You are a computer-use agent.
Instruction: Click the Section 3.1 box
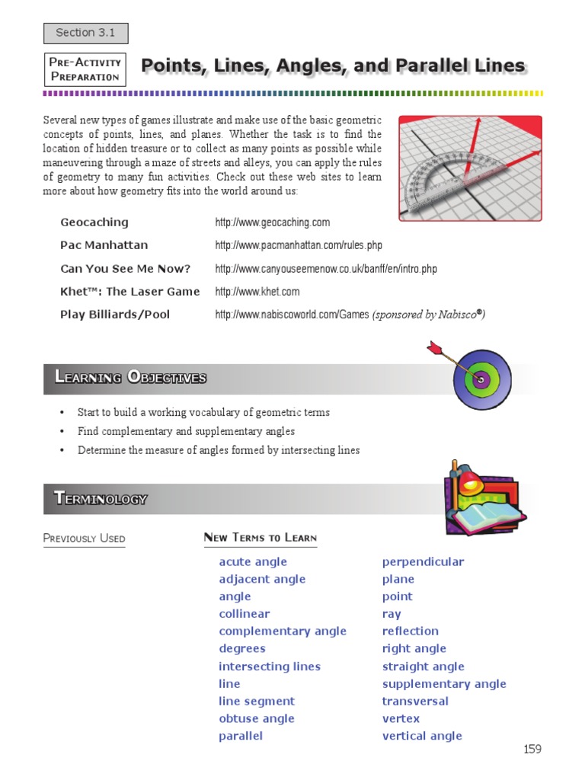point(85,33)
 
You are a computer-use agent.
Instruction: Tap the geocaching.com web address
point(272,222)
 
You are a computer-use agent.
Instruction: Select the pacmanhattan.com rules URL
point(299,245)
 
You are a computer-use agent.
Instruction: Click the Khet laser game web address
point(257,292)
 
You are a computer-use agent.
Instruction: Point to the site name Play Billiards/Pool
point(115,315)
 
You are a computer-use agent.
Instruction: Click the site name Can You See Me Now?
point(125,269)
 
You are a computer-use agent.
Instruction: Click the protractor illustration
point(446,180)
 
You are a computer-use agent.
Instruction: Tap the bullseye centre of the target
point(481,378)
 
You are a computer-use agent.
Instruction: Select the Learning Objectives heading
point(130,377)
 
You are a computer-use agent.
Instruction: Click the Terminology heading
point(101,499)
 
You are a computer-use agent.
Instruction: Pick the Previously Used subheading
point(84,539)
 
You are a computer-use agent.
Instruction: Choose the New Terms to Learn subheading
point(260,538)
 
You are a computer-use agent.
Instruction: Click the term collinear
point(244,614)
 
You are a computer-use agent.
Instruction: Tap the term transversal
point(415,702)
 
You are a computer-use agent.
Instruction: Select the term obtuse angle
point(256,719)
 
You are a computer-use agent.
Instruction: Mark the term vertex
point(401,719)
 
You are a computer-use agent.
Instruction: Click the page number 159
point(532,750)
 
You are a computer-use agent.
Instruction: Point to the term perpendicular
point(423,562)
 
